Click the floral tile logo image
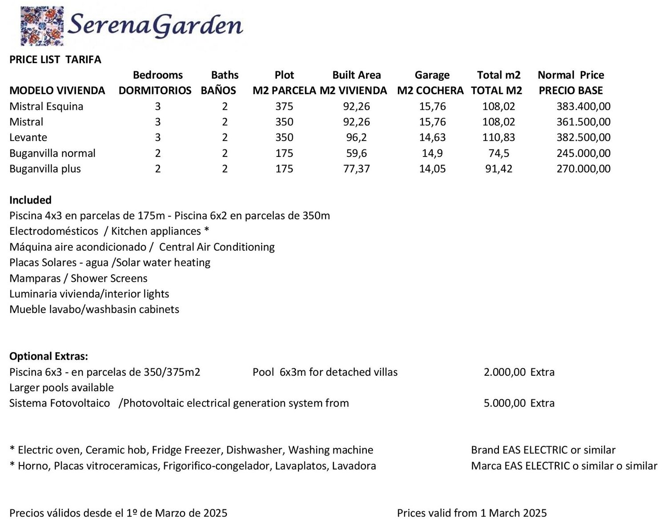coord(42,26)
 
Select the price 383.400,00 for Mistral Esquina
coord(583,106)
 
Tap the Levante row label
coord(28,137)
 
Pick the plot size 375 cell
coord(284,106)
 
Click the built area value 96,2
coord(356,137)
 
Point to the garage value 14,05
coord(432,169)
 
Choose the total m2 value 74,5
coord(498,153)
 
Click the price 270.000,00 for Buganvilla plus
coord(583,169)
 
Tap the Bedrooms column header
coord(157,75)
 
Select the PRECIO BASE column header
coord(571,91)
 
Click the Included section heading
coord(30,200)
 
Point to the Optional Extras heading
coord(48,356)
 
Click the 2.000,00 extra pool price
coord(504,372)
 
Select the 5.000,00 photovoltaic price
coord(504,403)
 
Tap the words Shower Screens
coord(109,278)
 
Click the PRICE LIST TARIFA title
coord(55,60)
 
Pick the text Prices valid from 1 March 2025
coord(472,513)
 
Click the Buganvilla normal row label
coord(52,153)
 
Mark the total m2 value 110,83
coord(498,137)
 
